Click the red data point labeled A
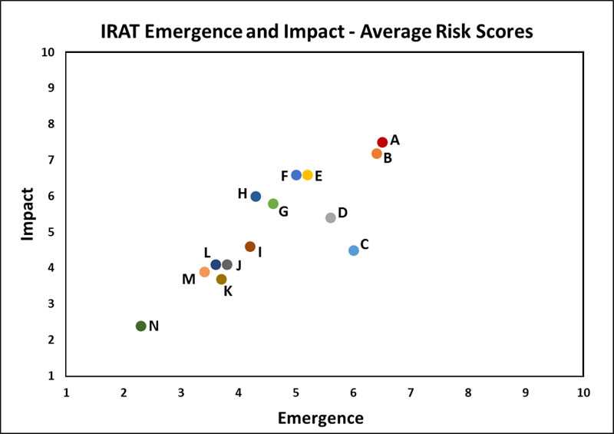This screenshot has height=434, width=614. (x=382, y=142)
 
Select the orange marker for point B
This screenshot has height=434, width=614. (x=377, y=154)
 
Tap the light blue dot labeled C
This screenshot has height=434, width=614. (x=354, y=250)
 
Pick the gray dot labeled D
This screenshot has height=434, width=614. (x=331, y=218)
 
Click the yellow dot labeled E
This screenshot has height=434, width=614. (x=308, y=175)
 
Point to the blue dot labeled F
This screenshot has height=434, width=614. (x=296, y=175)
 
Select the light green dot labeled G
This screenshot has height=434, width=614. (x=273, y=204)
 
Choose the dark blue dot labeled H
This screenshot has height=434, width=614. (x=256, y=197)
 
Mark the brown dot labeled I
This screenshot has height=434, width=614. (x=250, y=247)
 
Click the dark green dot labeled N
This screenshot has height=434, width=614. (x=141, y=326)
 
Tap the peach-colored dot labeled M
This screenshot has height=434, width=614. (x=204, y=272)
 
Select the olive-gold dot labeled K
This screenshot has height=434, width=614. (x=222, y=280)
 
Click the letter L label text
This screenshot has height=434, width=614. (x=207, y=253)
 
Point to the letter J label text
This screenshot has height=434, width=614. (x=239, y=266)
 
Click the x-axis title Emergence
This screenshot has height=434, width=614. (x=320, y=418)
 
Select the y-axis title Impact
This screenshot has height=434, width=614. (x=28, y=214)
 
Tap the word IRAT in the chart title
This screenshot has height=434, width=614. (x=127, y=32)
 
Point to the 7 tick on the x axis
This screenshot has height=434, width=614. (x=411, y=392)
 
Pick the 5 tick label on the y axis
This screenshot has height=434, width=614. (x=51, y=232)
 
